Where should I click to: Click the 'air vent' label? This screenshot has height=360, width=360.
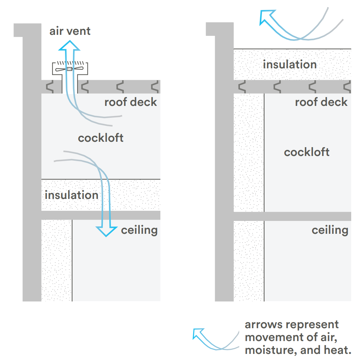[x=70, y=31]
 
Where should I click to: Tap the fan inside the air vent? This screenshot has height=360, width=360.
[x=69, y=69]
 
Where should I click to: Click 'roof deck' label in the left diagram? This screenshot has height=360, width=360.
[x=131, y=102]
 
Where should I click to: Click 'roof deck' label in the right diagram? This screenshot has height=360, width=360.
[x=321, y=102]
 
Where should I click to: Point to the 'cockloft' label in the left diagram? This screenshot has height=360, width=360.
[x=100, y=138]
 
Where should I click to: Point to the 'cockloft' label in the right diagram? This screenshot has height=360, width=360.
[x=307, y=152]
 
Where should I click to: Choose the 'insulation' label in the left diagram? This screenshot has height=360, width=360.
[x=71, y=195]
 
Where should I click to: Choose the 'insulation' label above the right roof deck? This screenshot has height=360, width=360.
[x=290, y=64]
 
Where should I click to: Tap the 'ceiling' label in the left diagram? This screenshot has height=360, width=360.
[x=139, y=230]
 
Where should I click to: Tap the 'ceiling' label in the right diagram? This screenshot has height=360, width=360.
[x=330, y=230]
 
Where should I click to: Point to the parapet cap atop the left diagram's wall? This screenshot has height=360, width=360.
[x=27, y=30]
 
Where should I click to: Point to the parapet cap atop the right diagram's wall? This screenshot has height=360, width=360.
[x=220, y=29]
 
